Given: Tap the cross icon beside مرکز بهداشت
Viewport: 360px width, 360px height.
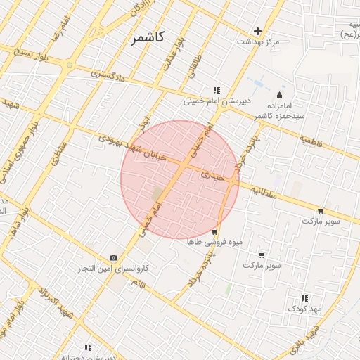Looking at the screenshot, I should click(x=258, y=31).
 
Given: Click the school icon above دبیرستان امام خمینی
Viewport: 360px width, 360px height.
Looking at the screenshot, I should click(x=217, y=90).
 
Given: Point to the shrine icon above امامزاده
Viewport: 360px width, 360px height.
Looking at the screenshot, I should click(x=280, y=95).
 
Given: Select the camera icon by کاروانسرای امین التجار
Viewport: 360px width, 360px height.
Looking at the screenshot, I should click(x=114, y=258).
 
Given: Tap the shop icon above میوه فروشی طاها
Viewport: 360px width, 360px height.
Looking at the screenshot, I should click(x=214, y=231).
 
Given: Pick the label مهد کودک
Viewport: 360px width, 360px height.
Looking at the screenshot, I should click(x=304, y=309).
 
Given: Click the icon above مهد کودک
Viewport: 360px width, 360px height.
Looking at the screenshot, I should click(x=304, y=298).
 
